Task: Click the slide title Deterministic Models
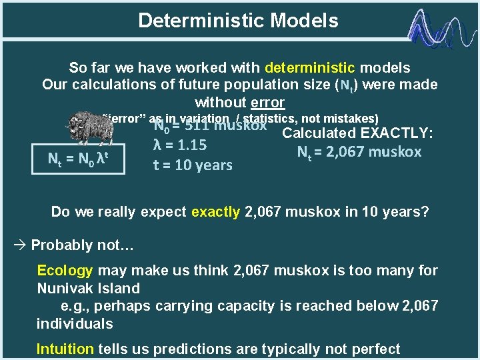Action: pos(238,21)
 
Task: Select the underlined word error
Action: pos(267,103)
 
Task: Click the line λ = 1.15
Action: pos(180,145)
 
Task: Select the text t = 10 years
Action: pos(193,165)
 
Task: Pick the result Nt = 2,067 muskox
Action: pos(359,152)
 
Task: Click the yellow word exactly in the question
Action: pos(216,213)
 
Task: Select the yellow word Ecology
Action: pos(65,271)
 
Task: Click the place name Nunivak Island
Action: pos(88,289)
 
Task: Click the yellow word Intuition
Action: pos(65,349)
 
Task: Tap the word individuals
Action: pos(75,324)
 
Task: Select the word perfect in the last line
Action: pos(376,349)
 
